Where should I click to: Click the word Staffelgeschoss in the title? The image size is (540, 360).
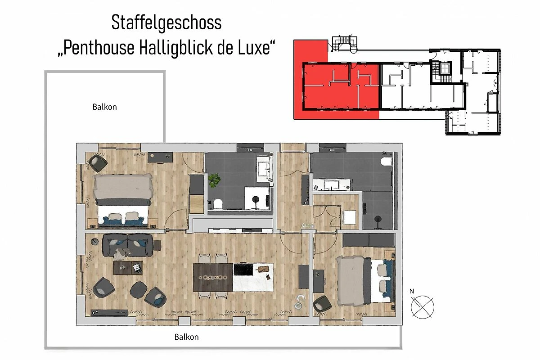[166, 22]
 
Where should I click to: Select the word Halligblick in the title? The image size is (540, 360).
[176, 48]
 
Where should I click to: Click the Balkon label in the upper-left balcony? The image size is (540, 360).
[104, 107]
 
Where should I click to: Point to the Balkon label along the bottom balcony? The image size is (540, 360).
[187, 337]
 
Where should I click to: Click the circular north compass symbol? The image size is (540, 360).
[423, 307]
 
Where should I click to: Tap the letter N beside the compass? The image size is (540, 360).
[411, 291]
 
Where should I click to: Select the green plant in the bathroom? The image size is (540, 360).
[214, 180]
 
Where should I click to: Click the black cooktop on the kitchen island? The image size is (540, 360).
[243, 270]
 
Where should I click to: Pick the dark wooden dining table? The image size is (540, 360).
[213, 277]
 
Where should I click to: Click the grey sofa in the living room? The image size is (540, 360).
[127, 245]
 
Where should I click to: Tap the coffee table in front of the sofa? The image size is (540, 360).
[128, 268]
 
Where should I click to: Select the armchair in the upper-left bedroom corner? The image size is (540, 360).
[98, 163]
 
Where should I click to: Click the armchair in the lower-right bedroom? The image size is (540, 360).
[322, 304]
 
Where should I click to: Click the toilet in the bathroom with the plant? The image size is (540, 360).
[218, 204]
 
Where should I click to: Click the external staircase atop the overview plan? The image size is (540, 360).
[345, 44]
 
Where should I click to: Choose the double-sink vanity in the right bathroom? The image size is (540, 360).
[333, 184]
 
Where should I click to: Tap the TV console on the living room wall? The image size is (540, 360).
[109, 313]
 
